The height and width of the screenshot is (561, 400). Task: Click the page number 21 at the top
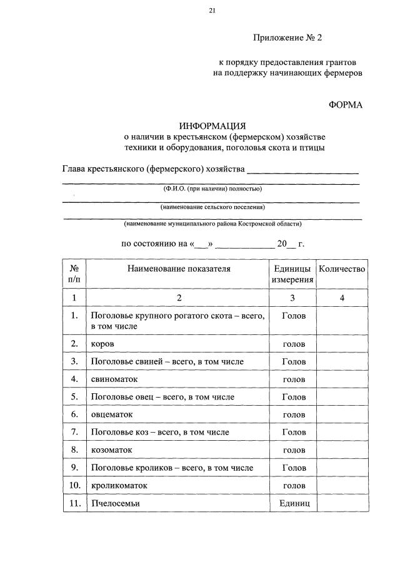click(x=212, y=11)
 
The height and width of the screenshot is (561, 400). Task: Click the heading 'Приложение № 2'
click(x=287, y=38)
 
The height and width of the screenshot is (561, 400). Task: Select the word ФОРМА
click(x=345, y=105)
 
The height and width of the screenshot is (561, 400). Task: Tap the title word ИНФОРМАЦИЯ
click(x=212, y=126)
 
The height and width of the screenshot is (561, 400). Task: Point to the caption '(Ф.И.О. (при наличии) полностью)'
click(x=212, y=188)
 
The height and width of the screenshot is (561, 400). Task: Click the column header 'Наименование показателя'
click(x=179, y=269)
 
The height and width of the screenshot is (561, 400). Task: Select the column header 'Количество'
click(x=342, y=269)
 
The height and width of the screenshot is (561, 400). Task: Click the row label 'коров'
click(x=102, y=344)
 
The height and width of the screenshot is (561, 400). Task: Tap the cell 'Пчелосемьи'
click(x=115, y=503)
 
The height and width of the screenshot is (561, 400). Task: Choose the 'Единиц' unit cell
click(x=294, y=503)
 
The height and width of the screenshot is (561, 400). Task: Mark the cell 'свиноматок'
click(x=114, y=379)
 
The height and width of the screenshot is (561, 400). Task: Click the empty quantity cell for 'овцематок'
click(x=342, y=414)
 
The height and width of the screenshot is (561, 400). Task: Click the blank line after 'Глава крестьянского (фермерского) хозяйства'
click(x=303, y=170)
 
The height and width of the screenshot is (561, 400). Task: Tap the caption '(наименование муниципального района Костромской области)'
click(x=212, y=224)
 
